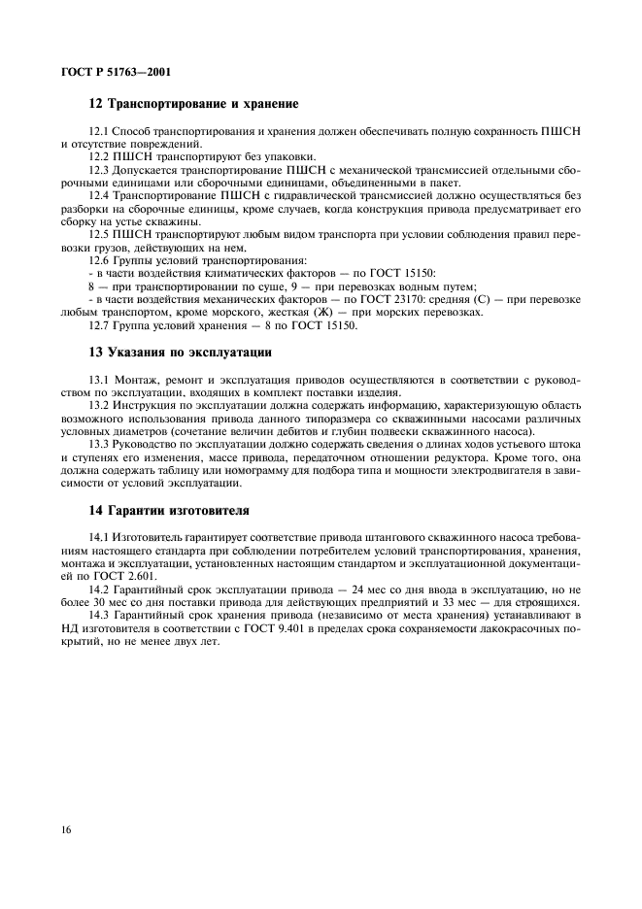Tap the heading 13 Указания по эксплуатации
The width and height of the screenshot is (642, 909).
[x=181, y=352]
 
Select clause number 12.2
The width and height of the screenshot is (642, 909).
[x=99, y=155]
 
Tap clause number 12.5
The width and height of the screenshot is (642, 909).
[x=99, y=234]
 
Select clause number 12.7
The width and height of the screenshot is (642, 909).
[x=99, y=325]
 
